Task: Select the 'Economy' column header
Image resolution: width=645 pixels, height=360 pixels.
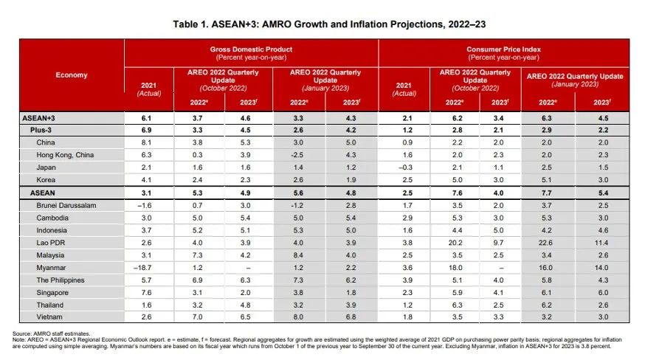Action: [72, 75]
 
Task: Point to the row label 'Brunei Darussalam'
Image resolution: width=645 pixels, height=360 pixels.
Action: [68, 204]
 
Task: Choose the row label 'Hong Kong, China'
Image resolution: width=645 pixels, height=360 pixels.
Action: [66, 154]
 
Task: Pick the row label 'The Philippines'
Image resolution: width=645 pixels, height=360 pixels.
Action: [62, 280]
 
